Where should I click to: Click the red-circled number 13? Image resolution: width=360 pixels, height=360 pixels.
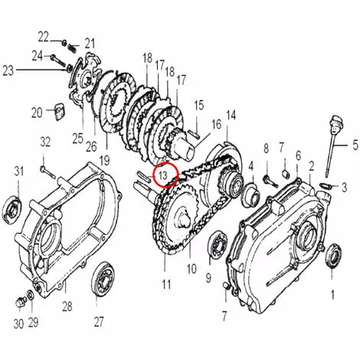[x=162, y=175]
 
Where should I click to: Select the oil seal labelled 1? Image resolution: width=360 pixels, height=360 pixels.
[x=332, y=256]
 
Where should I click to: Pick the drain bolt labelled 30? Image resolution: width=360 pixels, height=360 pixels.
[x=21, y=302]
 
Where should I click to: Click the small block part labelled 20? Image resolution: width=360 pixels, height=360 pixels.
[x=60, y=111]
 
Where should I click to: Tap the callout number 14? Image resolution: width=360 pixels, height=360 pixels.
[x=231, y=116]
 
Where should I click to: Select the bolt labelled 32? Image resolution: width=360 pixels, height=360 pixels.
[x=47, y=172]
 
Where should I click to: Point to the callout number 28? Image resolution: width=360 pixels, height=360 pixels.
[x=67, y=306]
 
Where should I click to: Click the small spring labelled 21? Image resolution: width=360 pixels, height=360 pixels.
[x=72, y=47]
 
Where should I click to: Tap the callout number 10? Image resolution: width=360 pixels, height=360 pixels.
[x=191, y=269]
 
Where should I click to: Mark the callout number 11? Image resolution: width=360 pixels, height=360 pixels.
[x=166, y=284]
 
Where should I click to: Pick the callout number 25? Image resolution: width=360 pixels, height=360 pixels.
[x=78, y=139]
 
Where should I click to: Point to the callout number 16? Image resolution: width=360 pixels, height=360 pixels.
[x=216, y=125]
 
